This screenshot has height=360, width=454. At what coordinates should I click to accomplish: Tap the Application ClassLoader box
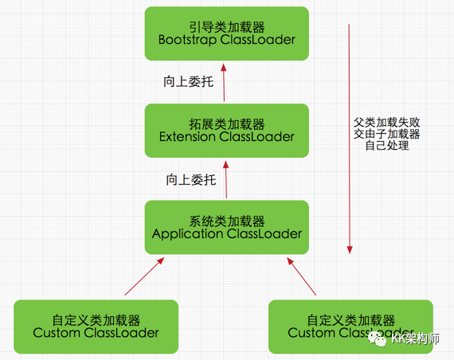227,228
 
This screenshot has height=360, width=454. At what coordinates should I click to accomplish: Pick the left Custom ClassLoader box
96,326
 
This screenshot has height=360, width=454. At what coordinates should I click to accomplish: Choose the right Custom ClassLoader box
351,326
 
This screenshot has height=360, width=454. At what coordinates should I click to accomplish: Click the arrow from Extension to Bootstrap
224,82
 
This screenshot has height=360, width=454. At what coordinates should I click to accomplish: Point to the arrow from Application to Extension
226,180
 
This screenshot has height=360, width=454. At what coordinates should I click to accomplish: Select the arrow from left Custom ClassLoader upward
144,276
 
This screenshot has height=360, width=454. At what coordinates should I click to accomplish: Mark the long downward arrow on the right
349,135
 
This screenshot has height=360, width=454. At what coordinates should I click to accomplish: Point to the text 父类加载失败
387,123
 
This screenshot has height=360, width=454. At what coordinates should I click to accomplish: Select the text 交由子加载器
387,135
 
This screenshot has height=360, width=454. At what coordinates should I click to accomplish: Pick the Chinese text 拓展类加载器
227,124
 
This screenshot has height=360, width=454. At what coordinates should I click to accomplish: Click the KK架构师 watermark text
418,340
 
